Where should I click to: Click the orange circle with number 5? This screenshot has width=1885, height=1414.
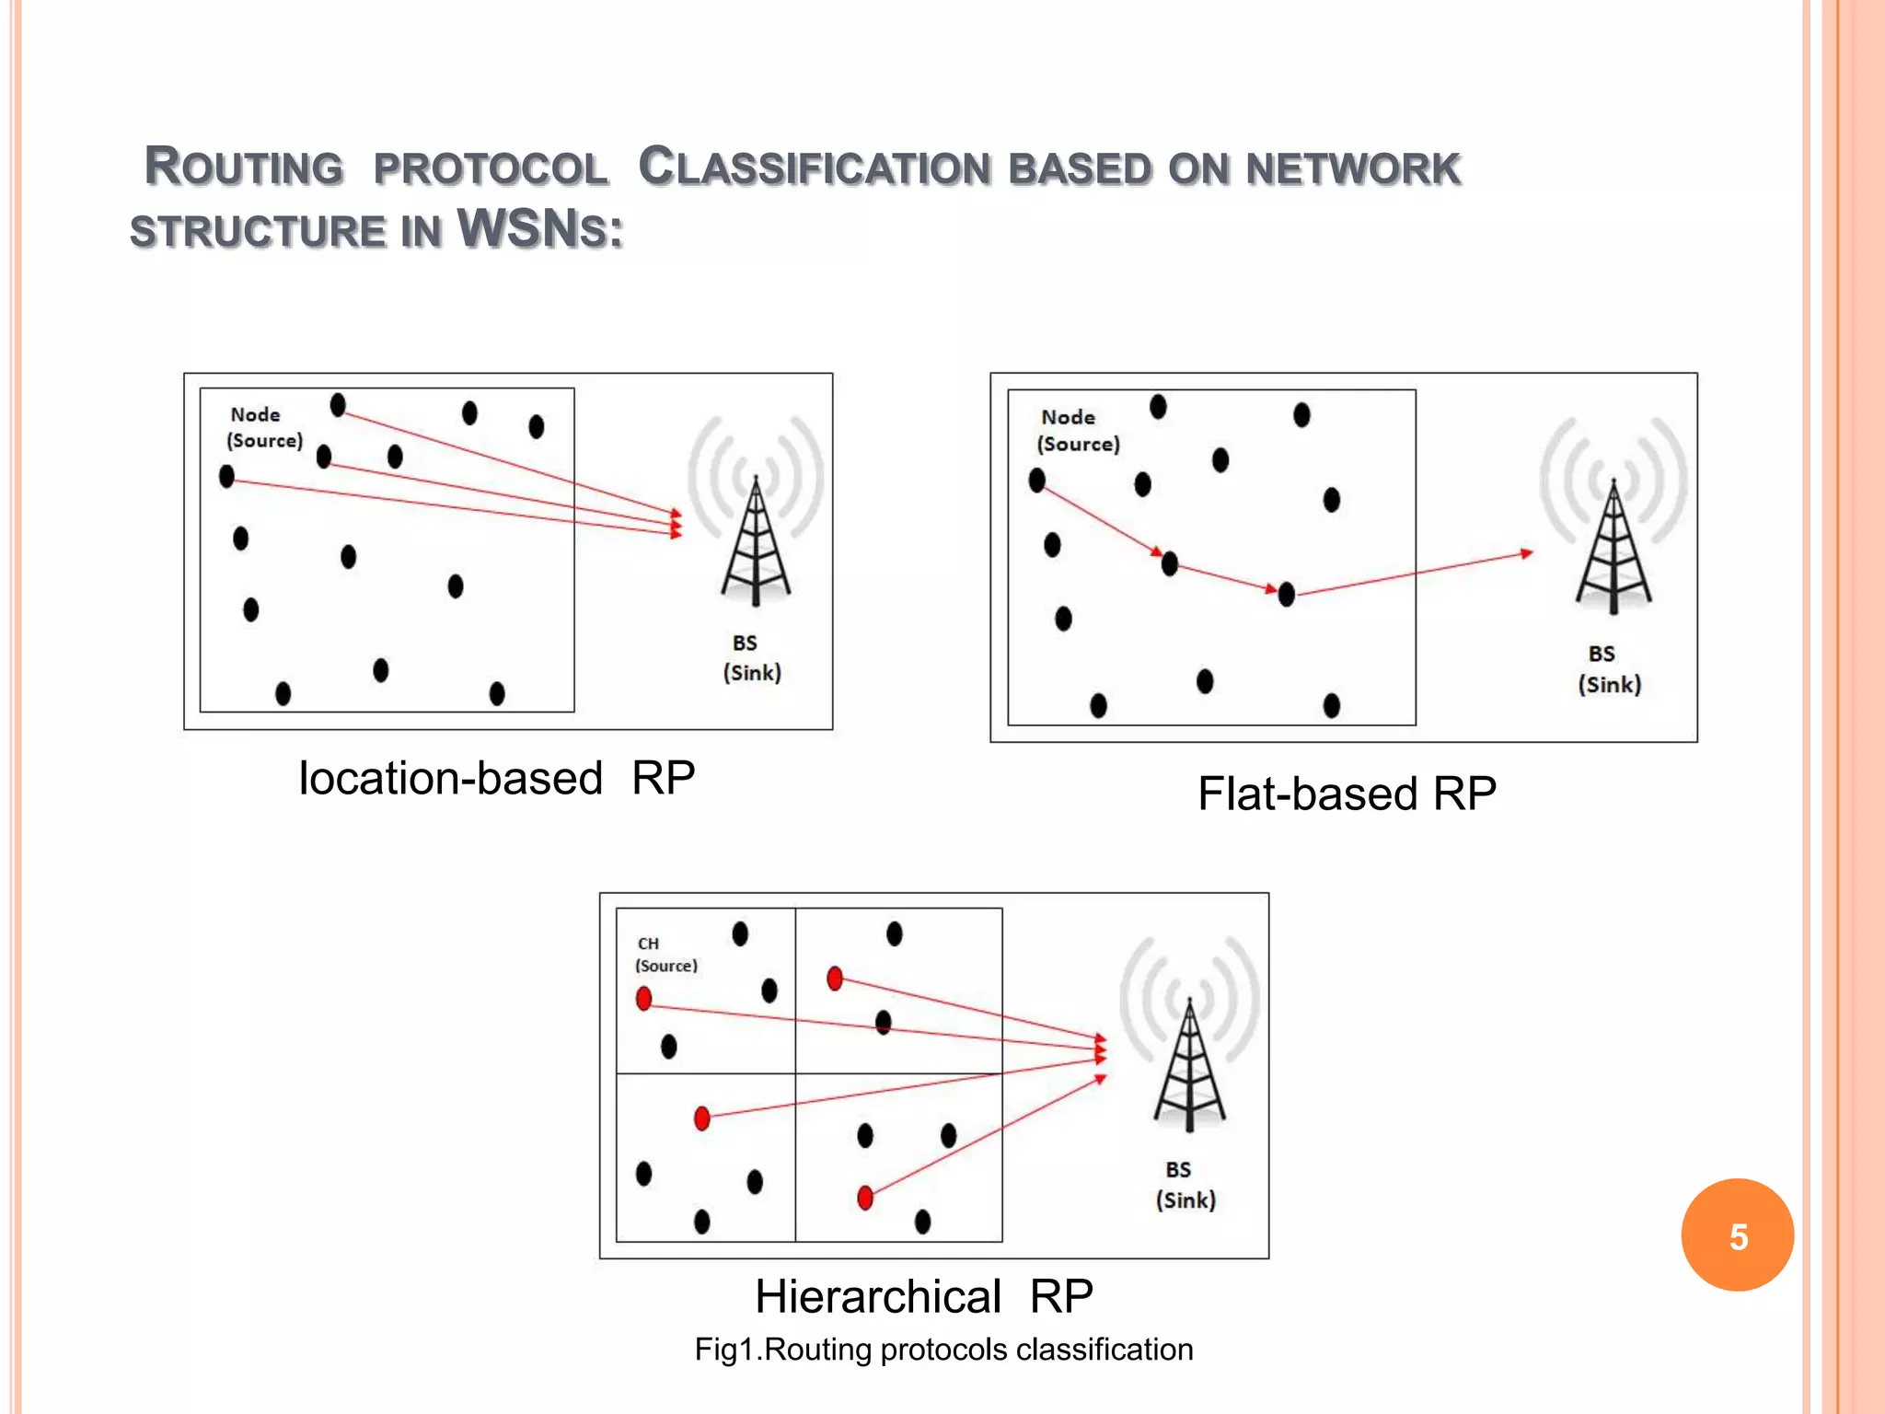(x=1737, y=1234)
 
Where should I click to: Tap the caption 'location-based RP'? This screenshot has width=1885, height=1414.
(x=496, y=779)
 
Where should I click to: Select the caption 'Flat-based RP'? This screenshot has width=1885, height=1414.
(x=1347, y=794)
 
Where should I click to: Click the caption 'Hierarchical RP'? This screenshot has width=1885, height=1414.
(x=923, y=1296)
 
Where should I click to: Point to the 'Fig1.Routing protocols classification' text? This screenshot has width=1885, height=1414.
(x=943, y=1350)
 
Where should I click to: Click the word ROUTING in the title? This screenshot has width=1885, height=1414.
(x=244, y=168)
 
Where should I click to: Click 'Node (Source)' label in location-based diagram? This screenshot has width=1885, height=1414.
(x=264, y=428)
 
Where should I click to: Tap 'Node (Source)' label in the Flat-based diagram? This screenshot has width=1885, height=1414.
(x=1078, y=431)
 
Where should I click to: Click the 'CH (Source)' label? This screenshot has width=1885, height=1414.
(x=665, y=955)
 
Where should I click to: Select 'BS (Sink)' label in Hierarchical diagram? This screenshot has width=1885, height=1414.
(x=1185, y=1185)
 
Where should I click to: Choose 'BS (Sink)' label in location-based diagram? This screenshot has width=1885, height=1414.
(x=751, y=658)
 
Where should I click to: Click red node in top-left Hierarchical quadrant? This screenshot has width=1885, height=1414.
(x=644, y=998)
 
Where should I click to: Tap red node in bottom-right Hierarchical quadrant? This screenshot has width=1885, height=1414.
(x=865, y=1198)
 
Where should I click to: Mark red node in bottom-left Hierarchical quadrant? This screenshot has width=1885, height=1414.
(x=702, y=1118)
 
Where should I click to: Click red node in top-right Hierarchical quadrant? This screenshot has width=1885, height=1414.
(x=835, y=978)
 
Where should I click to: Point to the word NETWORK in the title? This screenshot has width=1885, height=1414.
(x=1352, y=169)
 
